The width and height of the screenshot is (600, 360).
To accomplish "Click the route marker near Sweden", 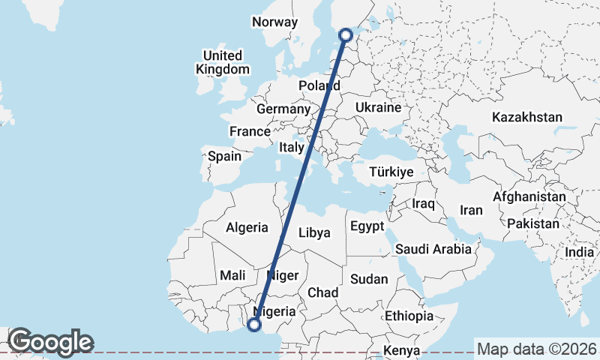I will pos(346,34).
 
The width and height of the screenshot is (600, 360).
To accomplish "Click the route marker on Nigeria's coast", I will pos(253,325).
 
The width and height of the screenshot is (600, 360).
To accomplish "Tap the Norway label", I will pos(275,22).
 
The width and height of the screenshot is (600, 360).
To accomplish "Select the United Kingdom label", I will pos(222,62).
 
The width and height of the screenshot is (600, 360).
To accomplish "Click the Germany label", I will pos(283,109).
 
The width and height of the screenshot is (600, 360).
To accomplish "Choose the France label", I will pos(250,131).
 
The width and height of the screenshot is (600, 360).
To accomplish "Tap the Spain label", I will pos(224,156).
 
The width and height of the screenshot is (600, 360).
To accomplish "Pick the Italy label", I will pos(291,148).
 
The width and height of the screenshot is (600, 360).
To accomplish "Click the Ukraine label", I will pos(379,108).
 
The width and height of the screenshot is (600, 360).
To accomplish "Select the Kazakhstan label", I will pos(527,117).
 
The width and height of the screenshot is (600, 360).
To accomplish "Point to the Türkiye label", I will pos(391,172).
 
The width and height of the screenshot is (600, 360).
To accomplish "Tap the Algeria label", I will pos(247,226).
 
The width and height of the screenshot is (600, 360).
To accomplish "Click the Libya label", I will pos(314,232).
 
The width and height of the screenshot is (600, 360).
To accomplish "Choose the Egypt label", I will pos(367,226).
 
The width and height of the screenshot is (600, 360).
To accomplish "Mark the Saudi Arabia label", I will pos(434,249).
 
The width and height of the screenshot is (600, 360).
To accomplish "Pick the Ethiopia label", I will pos(409,316).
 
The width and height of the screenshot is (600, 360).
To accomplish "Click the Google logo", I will pos(50,342).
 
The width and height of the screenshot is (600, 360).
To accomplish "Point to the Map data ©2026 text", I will pos(537,349).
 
